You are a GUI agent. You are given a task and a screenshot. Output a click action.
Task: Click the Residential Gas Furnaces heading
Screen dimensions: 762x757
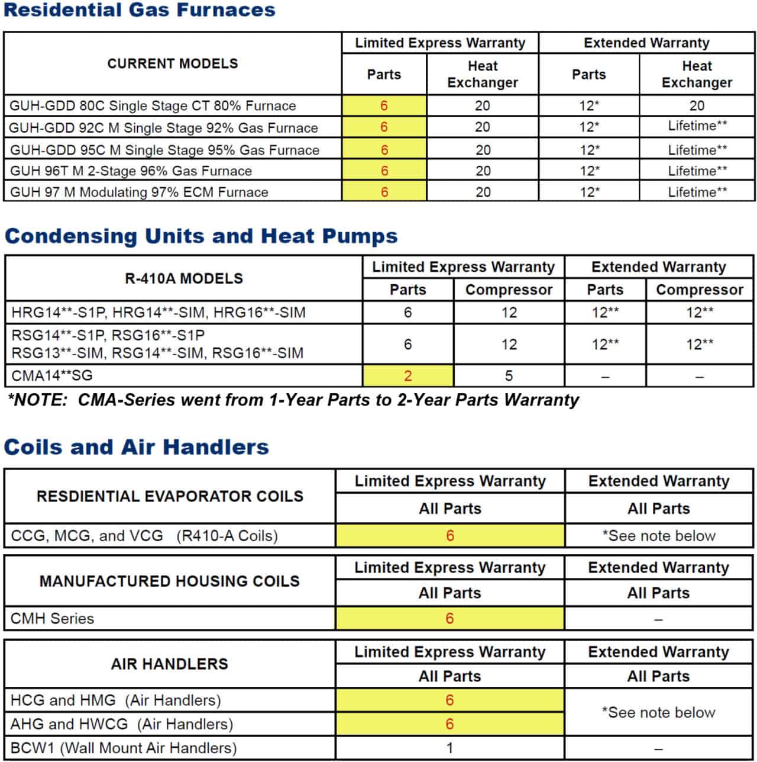tap(140, 10)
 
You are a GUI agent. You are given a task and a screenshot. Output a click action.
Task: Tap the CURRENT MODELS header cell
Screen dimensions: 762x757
tap(173, 63)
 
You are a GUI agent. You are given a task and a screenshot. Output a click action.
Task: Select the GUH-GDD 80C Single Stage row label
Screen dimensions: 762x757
tap(153, 106)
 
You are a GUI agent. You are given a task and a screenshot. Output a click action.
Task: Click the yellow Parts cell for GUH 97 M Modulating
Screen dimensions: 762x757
tap(384, 192)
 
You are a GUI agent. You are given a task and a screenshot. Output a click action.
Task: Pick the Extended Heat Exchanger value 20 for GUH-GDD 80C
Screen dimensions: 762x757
tap(697, 105)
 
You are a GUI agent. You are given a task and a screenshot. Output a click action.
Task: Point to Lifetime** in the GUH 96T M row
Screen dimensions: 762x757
tap(697, 171)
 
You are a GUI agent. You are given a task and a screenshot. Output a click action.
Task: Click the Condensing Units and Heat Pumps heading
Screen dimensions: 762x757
tap(201, 236)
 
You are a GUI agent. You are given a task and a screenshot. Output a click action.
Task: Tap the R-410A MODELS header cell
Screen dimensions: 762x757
tap(184, 278)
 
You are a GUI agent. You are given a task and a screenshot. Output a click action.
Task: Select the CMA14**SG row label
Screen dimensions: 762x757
tap(52, 375)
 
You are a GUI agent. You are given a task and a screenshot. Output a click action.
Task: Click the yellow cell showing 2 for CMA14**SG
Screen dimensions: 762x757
tap(408, 376)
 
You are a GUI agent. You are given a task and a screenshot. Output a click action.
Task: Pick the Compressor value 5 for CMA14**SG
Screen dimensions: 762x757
tap(509, 376)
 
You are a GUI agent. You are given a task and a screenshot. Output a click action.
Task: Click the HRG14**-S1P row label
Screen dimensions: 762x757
tap(158, 312)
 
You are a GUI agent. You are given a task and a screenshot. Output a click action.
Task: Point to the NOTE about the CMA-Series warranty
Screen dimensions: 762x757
tap(293, 400)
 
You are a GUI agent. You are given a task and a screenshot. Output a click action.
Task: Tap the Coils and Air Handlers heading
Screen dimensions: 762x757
tap(137, 446)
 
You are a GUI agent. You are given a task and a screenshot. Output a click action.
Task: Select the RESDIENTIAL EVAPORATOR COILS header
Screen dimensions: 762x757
tap(170, 496)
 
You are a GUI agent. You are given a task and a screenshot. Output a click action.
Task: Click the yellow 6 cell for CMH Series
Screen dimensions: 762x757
tap(449, 619)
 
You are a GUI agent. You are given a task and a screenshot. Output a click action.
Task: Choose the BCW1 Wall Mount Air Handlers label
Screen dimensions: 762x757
tap(124, 748)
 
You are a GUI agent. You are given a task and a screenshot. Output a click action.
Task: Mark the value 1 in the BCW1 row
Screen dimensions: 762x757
tap(449, 748)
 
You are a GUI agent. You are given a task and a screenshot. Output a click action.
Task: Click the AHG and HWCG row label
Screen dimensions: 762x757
tap(122, 724)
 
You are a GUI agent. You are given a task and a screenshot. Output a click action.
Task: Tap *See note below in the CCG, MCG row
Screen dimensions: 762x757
tap(659, 536)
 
